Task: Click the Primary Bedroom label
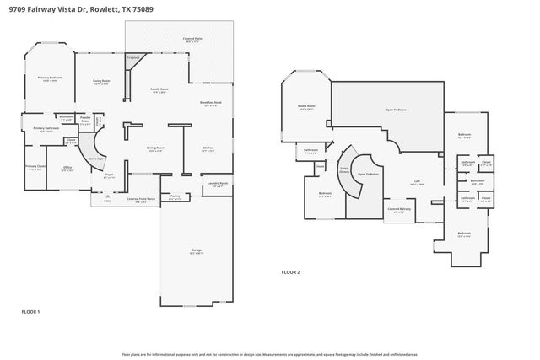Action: pyautogui.click(x=50, y=78)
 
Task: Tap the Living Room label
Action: pyautogui.click(x=101, y=82)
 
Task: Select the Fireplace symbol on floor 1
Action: pyautogui.click(x=131, y=58)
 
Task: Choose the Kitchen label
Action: pyautogui.click(x=208, y=149)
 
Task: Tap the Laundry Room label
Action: pyautogui.click(x=217, y=185)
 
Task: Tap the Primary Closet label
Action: pyautogui.click(x=35, y=167)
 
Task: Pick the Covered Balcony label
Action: pyautogui.click(x=399, y=209)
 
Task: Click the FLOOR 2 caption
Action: pyautogui.click(x=290, y=272)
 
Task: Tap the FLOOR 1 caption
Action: pyautogui.click(x=31, y=311)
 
